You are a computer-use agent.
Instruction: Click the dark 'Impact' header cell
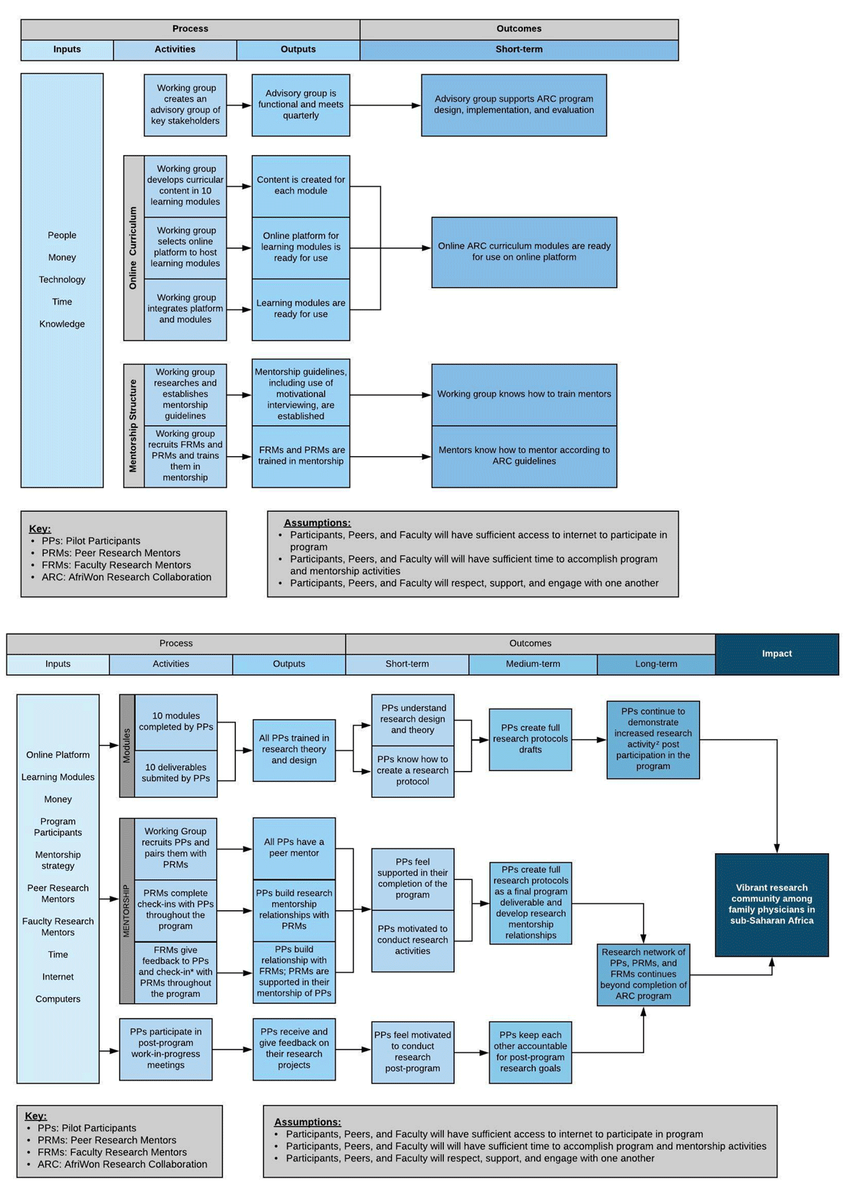(x=777, y=654)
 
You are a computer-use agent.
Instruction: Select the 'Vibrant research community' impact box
(x=771, y=904)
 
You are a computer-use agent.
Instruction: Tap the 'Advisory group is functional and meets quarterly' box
(x=301, y=105)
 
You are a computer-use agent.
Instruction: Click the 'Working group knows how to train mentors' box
(x=524, y=394)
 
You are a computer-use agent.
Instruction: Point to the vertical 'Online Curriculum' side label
(x=134, y=248)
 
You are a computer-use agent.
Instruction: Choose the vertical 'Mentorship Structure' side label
(x=134, y=425)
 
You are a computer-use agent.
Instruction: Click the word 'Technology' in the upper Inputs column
(x=62, y=279)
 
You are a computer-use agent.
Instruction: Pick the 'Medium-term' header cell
(x=533, y=664)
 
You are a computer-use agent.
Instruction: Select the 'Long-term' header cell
(x=656, y=664)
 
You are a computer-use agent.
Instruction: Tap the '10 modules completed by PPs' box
(x=176, y=721)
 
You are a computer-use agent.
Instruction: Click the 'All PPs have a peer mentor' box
(x=294, y=847)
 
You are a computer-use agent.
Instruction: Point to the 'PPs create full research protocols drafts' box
(x=530, y=739)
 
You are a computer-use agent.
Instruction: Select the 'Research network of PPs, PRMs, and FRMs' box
(x=643, y=974)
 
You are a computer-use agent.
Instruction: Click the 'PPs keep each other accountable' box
(x=530, y=1052)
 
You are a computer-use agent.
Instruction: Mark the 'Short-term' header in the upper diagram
(x=519, y=50)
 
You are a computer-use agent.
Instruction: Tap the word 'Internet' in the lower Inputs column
(x=58, y=977)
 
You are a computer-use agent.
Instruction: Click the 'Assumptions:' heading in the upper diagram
(x=317, y=523)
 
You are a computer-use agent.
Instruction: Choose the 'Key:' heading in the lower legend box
(x=35, y=1116)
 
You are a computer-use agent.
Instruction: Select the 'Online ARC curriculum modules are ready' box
(x=524, y=252)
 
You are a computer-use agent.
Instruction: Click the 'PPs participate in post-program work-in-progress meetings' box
(x=166, y=1049)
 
